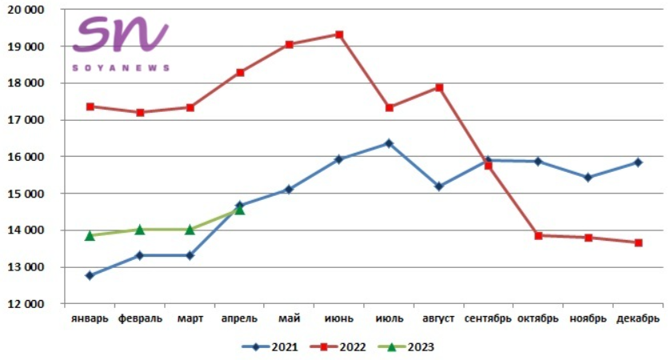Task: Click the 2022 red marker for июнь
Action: pyautogui.click(x=339, y=34)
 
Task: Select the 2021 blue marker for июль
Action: pyautogui.click(x=389, y=143)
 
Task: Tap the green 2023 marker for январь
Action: pyautogui.click(x=90, y=235)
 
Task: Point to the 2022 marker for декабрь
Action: pyautogui.click(x=638, y=242)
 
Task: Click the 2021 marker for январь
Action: pyautogui.click(x=90, y=275)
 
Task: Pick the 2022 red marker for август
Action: pyautogui.click(x=439, y=87)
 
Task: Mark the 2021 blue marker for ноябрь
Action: pyautogui.click(x=588, y=178)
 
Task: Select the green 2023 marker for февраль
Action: pyautogui.click(x=139, y=230)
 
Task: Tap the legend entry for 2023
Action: pyautogui.click(x=413, y=346)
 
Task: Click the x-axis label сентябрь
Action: pyautogui.click(x=488, y=318)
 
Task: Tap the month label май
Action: pyautogui.click(x=289, y=318)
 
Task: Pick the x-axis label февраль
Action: pyautogui.click(x=140, y=318)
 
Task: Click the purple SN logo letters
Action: pyautogui.click(x=120, y=36)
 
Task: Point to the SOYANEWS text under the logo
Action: pyautogui.click(x=121, y=68)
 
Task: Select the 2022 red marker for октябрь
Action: pyautogui.click(x=538, y=235)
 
